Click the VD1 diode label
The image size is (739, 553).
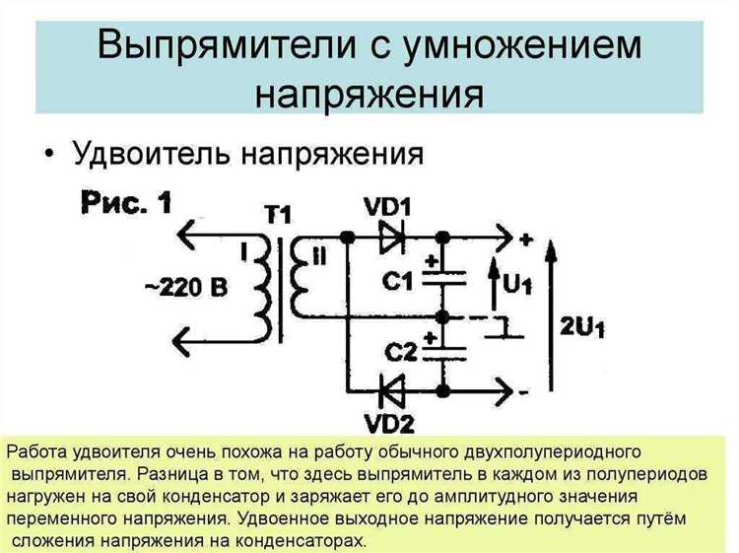point(386,207)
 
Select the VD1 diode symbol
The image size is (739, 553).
point(391,237)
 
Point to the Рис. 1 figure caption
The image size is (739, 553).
point(125,204)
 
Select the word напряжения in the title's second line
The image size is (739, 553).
point(369,95)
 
